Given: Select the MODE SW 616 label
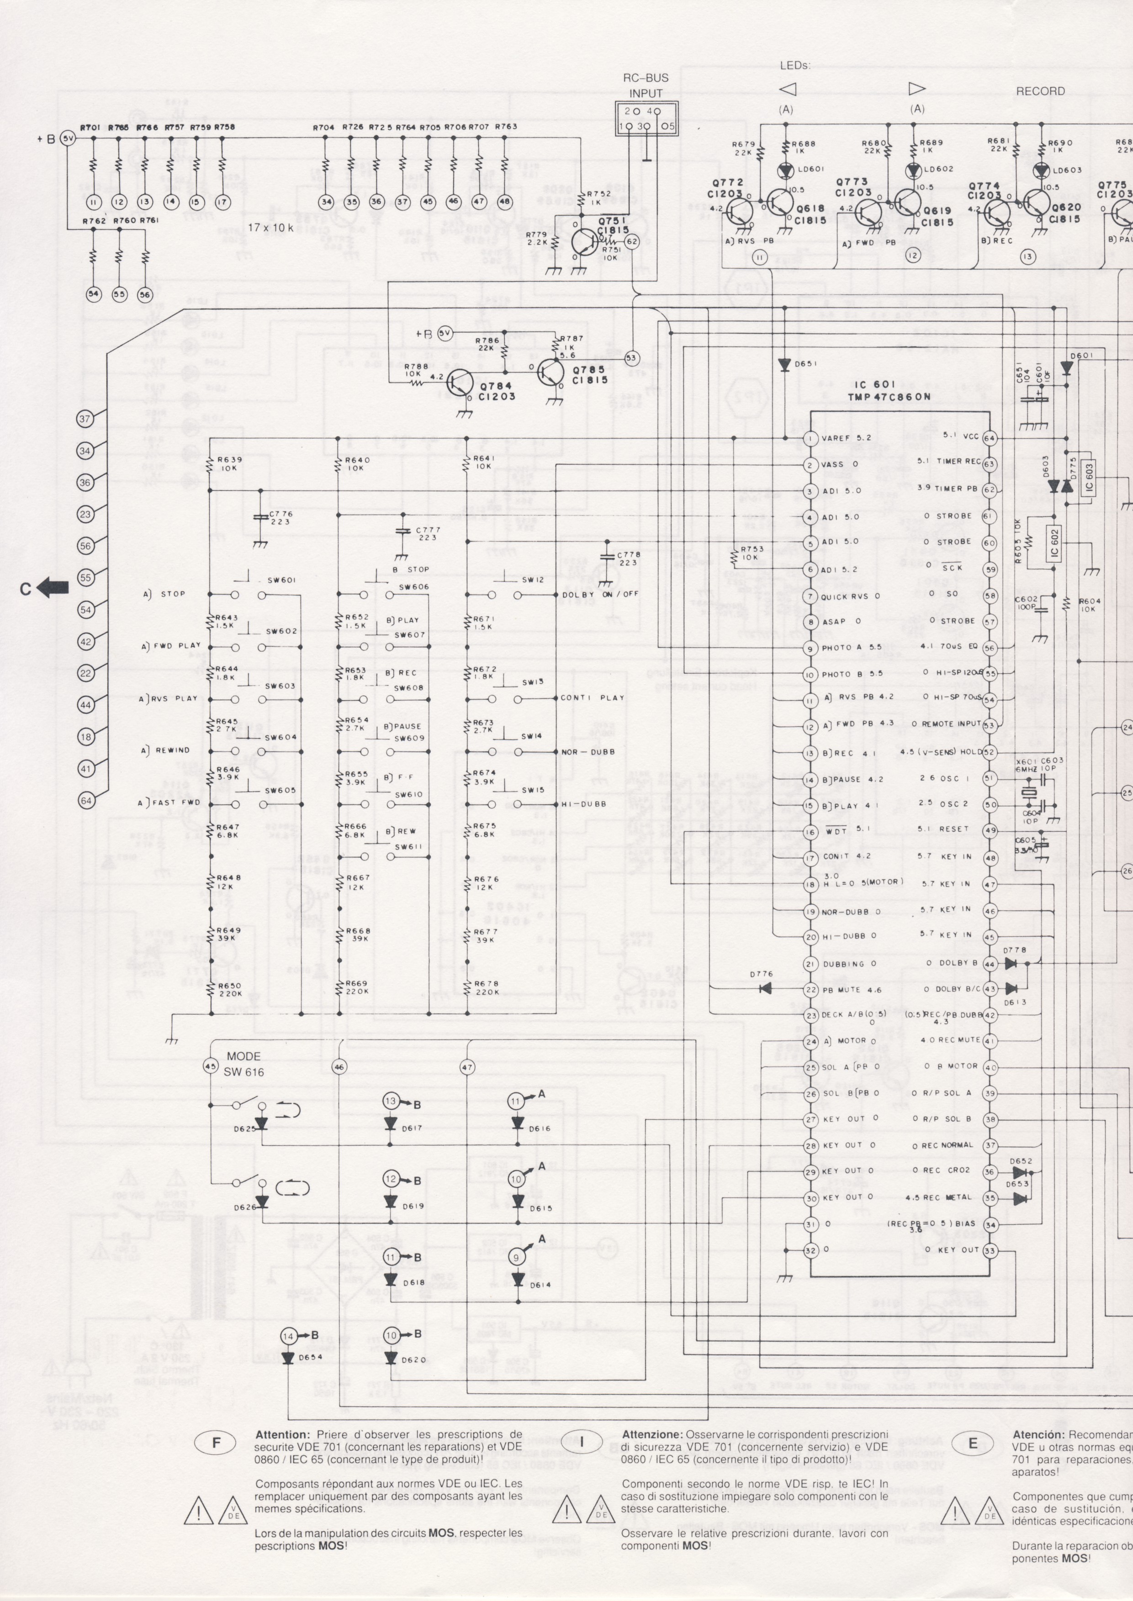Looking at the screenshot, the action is (x=244, y=1064).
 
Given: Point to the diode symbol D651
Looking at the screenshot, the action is (x=784, y=364).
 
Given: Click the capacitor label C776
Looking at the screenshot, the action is (x=281, y=514).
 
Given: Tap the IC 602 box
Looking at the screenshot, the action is (x=1054, y=542).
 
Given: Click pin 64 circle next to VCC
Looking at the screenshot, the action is (x=989, y=438).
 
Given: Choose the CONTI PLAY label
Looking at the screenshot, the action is (x=593, y=697).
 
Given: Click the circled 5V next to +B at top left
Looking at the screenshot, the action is (x=67, y=138).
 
